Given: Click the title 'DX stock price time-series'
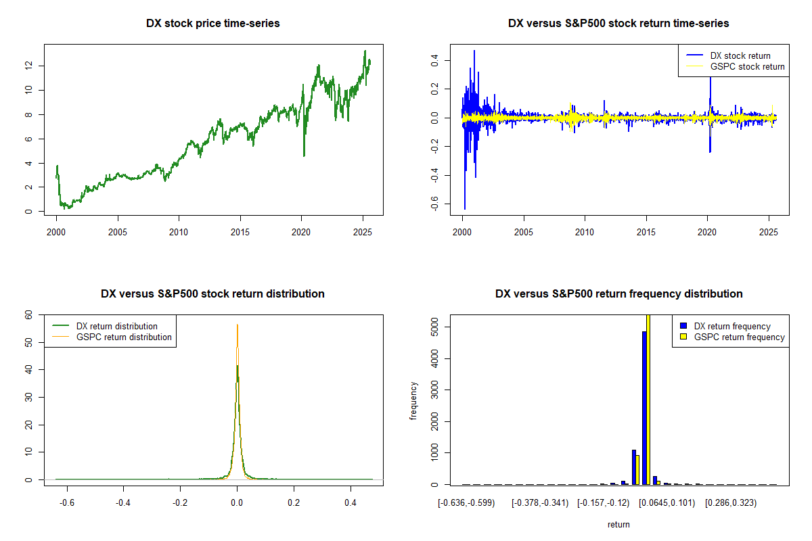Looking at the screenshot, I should [x=213, y=24].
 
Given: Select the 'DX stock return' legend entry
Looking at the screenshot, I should [x=740, y=55].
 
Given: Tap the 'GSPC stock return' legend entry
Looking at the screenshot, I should [x=747, y=66].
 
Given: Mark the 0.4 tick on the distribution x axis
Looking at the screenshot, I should [x=351, y=503].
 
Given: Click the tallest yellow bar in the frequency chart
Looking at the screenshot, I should [x=648, y=399].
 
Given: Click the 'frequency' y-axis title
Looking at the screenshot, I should [x=414, y=401].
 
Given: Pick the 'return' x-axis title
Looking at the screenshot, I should [x=618, y=524].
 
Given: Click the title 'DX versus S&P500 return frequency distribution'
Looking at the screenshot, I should [x=618, y=294].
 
